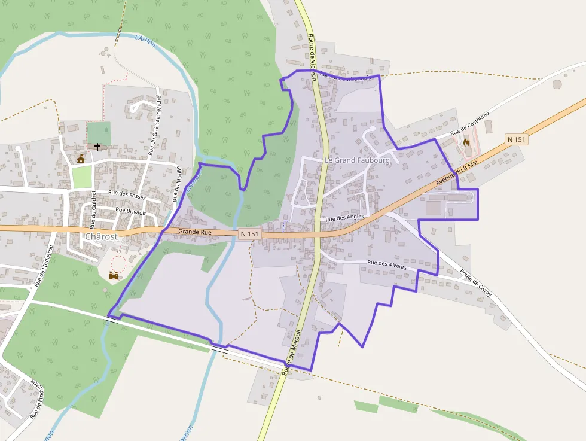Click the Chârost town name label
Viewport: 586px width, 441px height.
[x=101, y=236]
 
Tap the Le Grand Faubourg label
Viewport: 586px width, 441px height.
[x=357, y=160]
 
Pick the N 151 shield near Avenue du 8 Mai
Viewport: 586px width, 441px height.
[x=517, y=139]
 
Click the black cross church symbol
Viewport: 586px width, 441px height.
[x=97, y=147]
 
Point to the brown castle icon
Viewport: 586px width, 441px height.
[x=114, y=275]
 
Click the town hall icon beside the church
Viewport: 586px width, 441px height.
[x=81, y=159]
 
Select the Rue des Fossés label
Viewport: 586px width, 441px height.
[x=128, y=194]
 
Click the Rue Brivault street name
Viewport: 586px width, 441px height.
[x=131, y=211]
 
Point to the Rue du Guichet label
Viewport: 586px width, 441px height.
[x=94, y=209]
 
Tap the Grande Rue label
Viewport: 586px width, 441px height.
[x=195, y=231]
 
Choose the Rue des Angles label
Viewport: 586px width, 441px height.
[x=345, y=218]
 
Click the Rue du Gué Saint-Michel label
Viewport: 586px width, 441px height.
[x=156, y=123]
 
